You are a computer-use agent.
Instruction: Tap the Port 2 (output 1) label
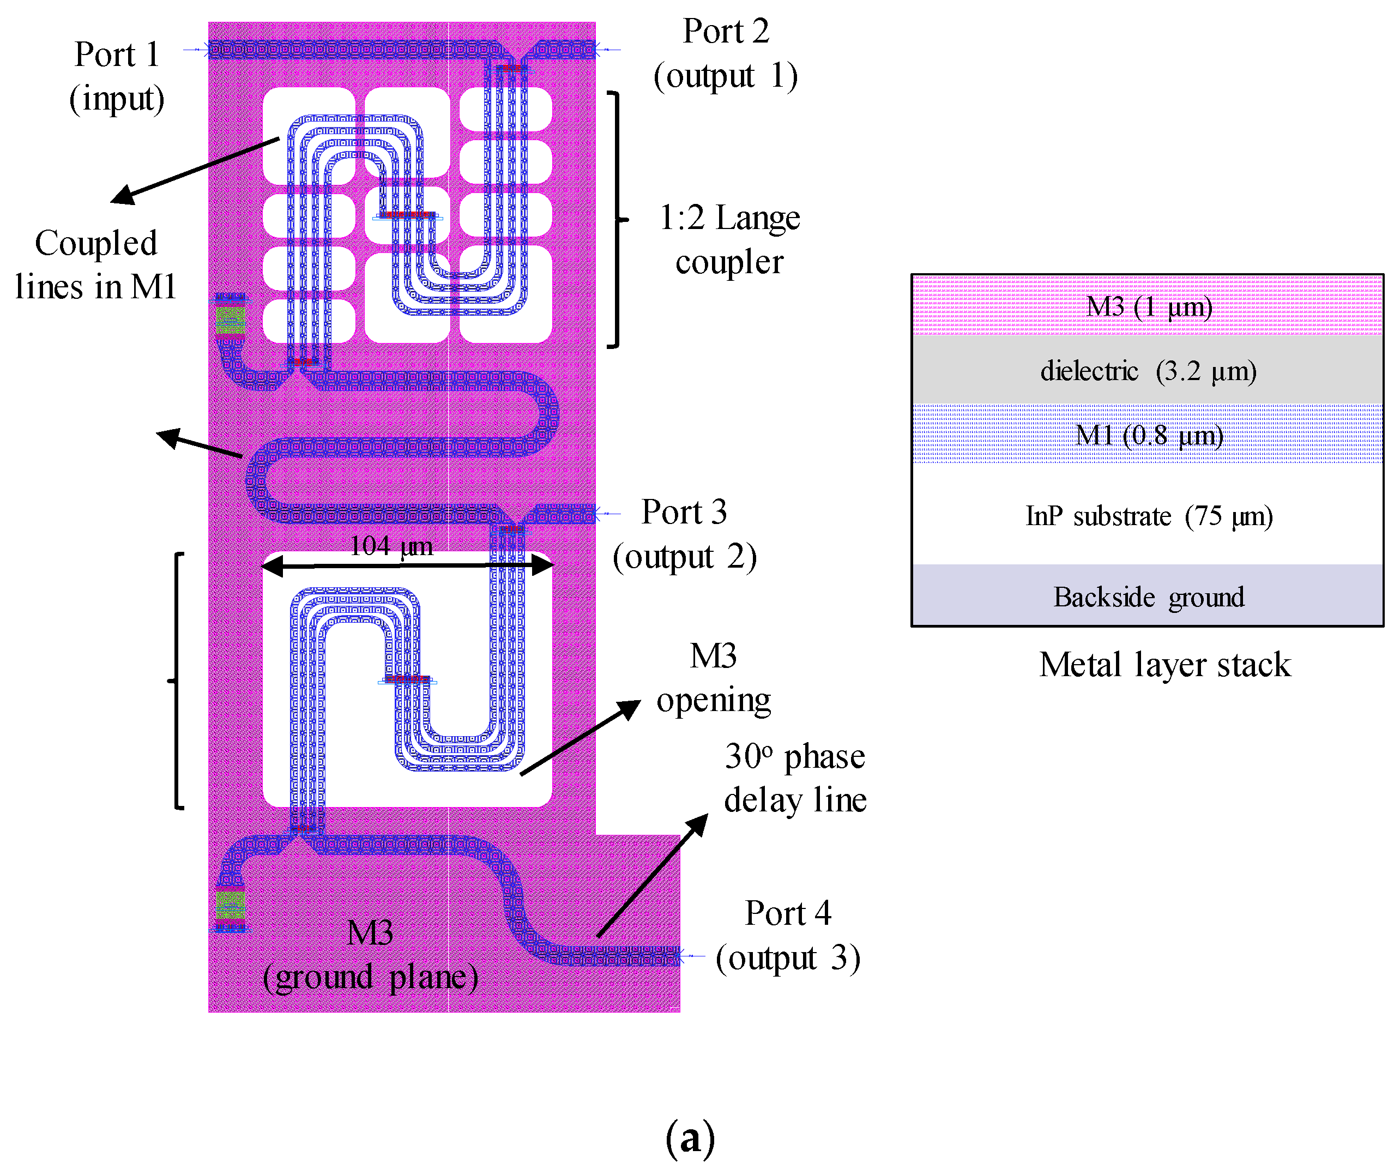click(x=725, y=53)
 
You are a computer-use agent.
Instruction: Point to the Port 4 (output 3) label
click(x=787, y=935)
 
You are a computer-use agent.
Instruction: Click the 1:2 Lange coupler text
click(x=729, y=239)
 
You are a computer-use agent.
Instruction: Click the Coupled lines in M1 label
click(x=95, y=264)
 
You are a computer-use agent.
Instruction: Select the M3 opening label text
click(x=713, y=677)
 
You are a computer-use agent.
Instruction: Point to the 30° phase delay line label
click(x=795, y=778)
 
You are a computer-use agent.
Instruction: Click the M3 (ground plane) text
click(x=370, y=955)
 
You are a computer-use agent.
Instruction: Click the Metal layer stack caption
click(x=1164, y=665)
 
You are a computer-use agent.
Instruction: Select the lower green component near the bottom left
click(x=231, y=905)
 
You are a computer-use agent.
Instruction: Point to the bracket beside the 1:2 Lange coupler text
click(x=617, y=219)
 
